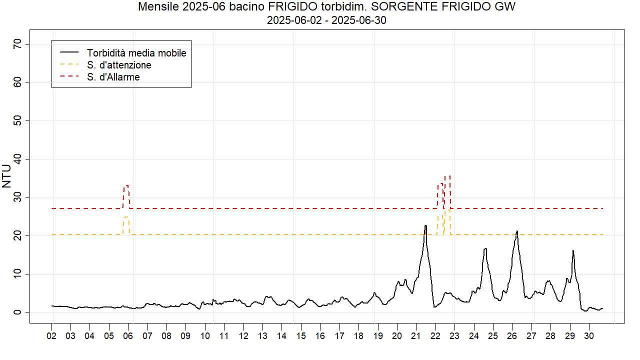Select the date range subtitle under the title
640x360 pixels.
[326, 20]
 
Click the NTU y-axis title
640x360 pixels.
[6, 176]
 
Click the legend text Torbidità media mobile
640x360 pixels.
[136, 53]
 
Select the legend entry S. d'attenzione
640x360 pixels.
[118, 65]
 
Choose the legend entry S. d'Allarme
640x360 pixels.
[113, 77]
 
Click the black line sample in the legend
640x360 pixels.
[69, 52]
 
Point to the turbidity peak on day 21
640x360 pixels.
[425, 226]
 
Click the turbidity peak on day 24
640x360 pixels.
[485, 248]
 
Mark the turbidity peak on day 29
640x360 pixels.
[573, 250]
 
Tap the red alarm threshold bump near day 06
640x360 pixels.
[126, 186]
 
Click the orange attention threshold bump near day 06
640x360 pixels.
[126, 217]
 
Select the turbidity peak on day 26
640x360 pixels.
[517, 231]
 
